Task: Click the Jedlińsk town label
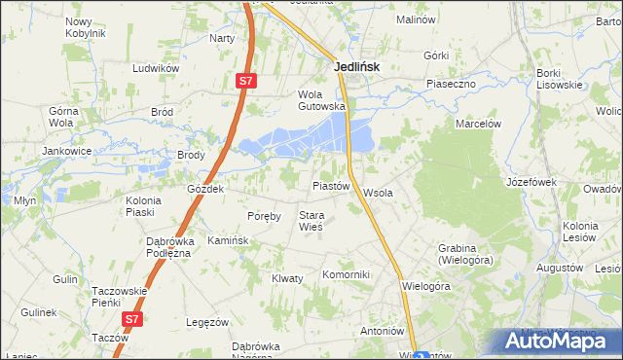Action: (x=356, y=67)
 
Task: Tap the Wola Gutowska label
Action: (x=321, y=100)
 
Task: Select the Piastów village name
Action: (x=330, y=185)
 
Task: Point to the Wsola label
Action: (x=378, y=193)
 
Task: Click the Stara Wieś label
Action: (x=311, y=221)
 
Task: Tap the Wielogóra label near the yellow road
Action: (x=427, y=287)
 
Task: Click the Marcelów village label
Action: (x=478, y=124)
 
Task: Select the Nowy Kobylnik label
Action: (x=85, y=27)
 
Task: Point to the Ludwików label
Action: (x=157, y=69)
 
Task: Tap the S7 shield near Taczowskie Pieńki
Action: (x=132, y=318)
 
